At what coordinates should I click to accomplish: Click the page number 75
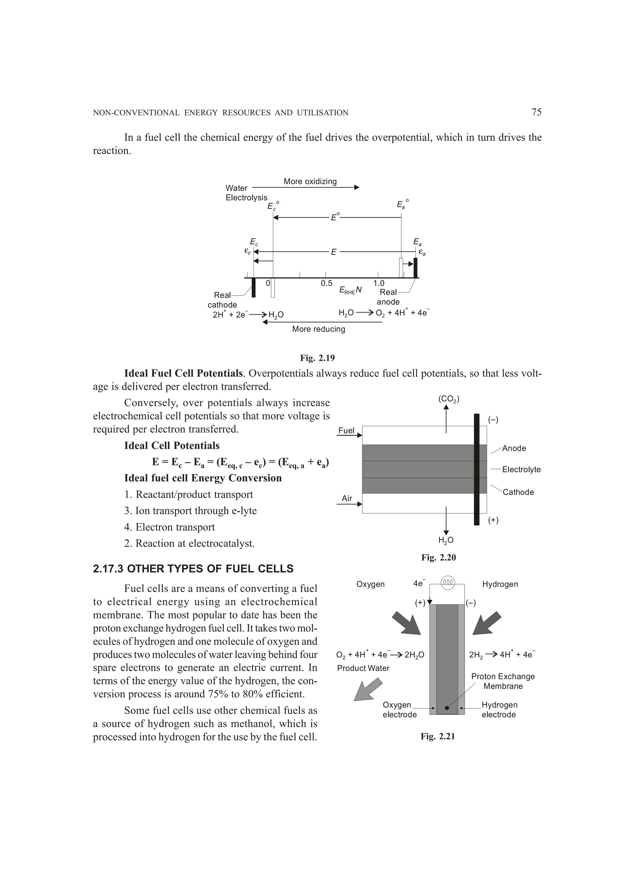pos(536,112)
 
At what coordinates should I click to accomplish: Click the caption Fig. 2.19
pos(317,358)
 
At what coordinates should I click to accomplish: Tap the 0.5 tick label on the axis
pos(326,283)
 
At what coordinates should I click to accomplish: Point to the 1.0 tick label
pos(379,283)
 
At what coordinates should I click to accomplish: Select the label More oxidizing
pos(310,181)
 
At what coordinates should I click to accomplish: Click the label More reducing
pos(318,329)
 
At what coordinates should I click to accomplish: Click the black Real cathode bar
pos(253,288)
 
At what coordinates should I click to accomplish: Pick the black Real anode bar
pos(415,268)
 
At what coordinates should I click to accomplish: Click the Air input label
pos(347,498)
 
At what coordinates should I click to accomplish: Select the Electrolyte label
pos(521,469)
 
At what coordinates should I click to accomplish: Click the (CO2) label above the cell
pos(448,399)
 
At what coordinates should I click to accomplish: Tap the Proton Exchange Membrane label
pos(502,681)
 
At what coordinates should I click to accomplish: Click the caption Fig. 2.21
pos(438,737)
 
